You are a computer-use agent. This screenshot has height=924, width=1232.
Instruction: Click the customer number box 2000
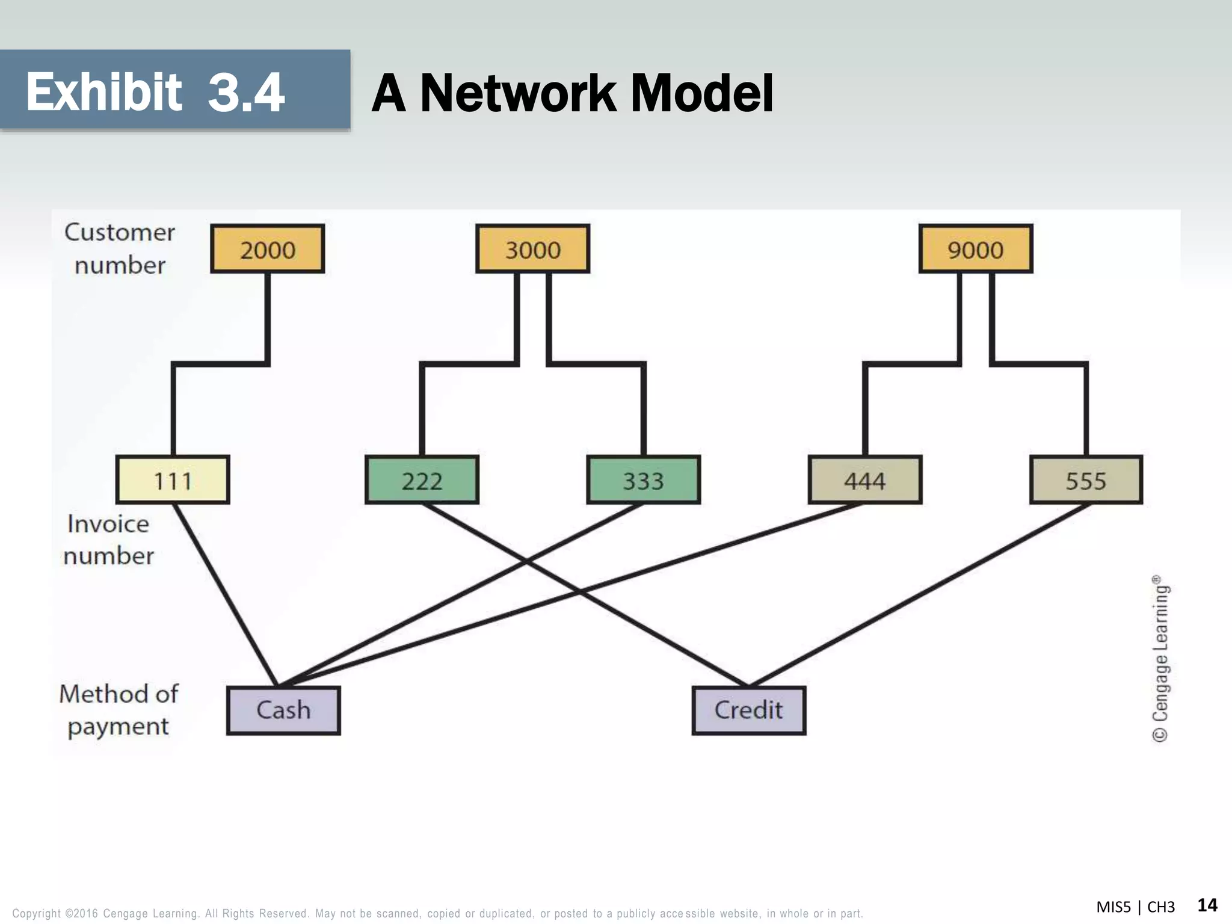tap(267, 249)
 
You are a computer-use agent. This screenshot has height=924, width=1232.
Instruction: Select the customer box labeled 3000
tap(532, 249)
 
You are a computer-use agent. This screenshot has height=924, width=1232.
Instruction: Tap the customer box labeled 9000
tap(975, 249)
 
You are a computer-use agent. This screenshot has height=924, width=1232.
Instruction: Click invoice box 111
tap(173, 480)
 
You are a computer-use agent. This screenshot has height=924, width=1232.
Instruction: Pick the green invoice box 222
tap(422, 480)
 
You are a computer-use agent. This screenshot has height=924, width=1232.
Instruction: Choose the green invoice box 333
tap(643, 480)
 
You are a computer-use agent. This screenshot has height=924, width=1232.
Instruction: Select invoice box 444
tap(864, 480)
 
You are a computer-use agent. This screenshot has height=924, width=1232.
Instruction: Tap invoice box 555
tap(1086, 480)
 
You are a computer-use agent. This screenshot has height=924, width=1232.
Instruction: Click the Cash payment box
tap(283, 710)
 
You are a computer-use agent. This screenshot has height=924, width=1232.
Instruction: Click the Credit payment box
tap(748, 710)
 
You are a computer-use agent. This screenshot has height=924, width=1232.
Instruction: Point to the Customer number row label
tap(119, 248)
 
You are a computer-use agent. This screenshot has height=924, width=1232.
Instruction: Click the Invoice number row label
tap(108, 540)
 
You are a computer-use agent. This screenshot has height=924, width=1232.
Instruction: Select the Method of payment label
tap(119, 710)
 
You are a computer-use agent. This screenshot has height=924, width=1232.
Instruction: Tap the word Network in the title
tap(517, 93)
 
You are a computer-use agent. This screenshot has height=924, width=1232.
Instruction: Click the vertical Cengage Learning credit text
tap(1160, 659)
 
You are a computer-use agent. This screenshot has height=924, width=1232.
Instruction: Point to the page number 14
tap(1207, 905)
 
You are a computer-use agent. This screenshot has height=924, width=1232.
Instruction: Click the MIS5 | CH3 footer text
tap(1135, 907)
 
